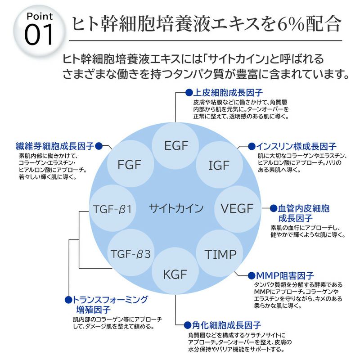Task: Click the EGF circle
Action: coord(175,145)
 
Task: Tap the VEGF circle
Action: coord(237,208)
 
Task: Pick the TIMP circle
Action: coord(220,254)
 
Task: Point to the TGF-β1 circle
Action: coord(112,209)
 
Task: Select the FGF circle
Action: coord(130,164)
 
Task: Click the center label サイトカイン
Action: coord(176,208)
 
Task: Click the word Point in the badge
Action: coord(40,17)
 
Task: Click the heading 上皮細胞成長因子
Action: coord(227,93)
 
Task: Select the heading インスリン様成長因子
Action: coord(296,146)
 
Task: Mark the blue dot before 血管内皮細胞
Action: coord(273,208)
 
